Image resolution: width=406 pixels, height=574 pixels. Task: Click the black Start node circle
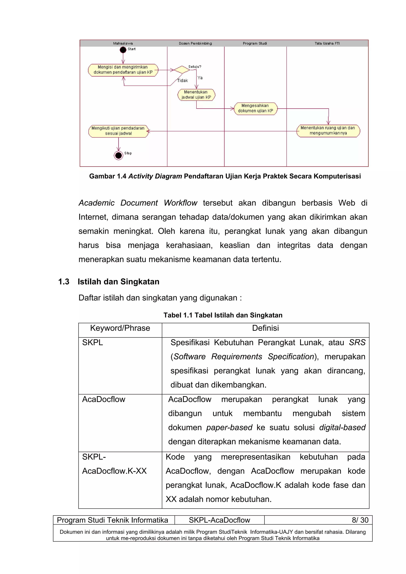[x=123, y=50]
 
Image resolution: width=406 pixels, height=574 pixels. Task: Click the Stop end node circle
[x=118, y=155]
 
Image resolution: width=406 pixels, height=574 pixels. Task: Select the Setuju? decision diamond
[x=182, y=70]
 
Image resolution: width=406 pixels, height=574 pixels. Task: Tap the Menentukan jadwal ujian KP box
[x=196, y=95]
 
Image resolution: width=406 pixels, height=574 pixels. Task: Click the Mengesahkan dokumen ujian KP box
[x=255, y=108]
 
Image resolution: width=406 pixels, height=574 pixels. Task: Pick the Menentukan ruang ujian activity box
[x=328, y=131]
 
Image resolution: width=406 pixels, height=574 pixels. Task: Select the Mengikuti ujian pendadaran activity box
[x=118, y=131]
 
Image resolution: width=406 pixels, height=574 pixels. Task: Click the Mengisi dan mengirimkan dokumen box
[x=123, y=70]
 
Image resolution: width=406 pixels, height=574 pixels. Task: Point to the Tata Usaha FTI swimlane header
[x=327, y=43]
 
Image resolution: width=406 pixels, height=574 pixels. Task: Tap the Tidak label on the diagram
[x=182, y=80]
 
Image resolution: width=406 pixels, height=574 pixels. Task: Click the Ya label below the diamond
[x=200, y=78]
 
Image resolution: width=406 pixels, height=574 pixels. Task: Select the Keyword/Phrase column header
[x=120, y=328]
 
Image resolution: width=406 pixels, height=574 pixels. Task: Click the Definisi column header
[x=265, y=328]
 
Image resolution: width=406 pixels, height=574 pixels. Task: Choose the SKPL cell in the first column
[x=93, y=342]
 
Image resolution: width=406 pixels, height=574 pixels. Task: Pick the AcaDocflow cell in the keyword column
[x=103, y=399]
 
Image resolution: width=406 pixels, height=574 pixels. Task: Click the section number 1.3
[x=64, y=282]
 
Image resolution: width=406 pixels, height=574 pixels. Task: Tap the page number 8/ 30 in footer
[x=360, y=520]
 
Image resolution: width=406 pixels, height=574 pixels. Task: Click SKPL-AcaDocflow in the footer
[x=219, y=520]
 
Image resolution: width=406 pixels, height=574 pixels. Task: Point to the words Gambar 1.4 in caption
[x=108, y=176]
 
